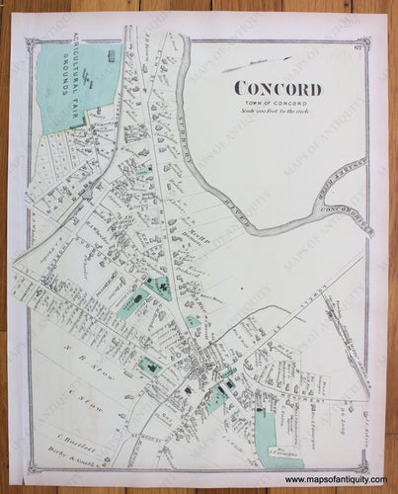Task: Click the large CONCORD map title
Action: click(278, 73)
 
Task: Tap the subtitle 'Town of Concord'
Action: click(278, 90)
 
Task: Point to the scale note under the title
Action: click(278, 99)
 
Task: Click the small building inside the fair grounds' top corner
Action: click(111, 55)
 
